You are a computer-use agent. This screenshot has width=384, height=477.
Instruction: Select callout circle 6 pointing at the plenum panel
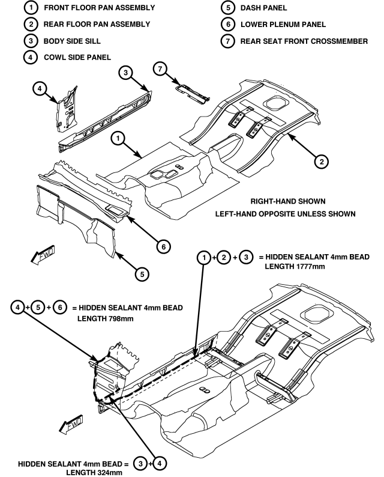161,246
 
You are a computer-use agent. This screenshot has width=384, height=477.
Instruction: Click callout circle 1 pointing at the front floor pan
119,139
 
